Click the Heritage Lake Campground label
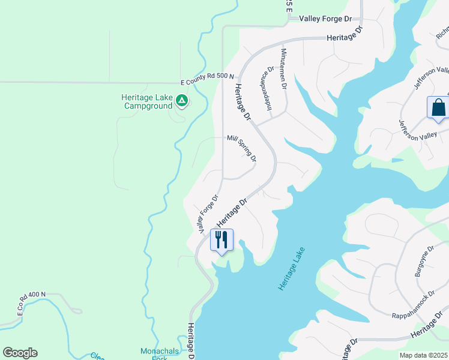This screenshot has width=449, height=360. [147, 102]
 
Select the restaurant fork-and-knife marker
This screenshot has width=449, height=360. [221, 240]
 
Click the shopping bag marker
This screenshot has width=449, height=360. [438, 109]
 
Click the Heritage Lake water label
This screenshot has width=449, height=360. [291, 269]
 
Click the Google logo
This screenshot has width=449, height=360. [20, 353]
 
